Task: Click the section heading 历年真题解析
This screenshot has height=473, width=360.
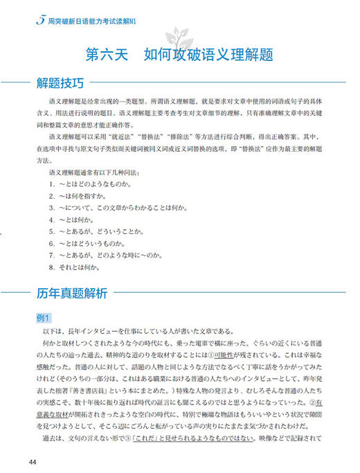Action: [72, 292]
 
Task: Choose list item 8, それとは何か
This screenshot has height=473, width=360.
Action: [81, 265]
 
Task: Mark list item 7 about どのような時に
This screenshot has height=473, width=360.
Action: [112, 254]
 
